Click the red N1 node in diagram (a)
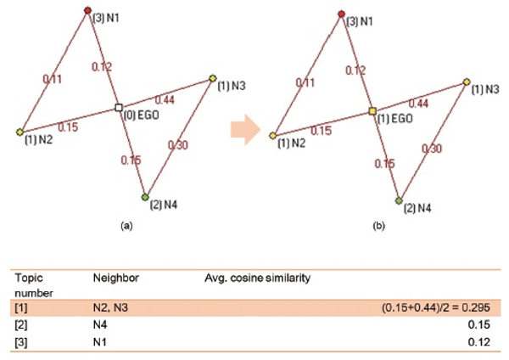[x=87, y=10]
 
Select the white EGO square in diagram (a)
[x=119, y=108]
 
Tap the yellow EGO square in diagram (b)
[x=372, y=111]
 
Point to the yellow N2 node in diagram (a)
[x=20, y=132]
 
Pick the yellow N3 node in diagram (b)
[x=467, y=82]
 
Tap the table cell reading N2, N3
[x=107, y=307]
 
